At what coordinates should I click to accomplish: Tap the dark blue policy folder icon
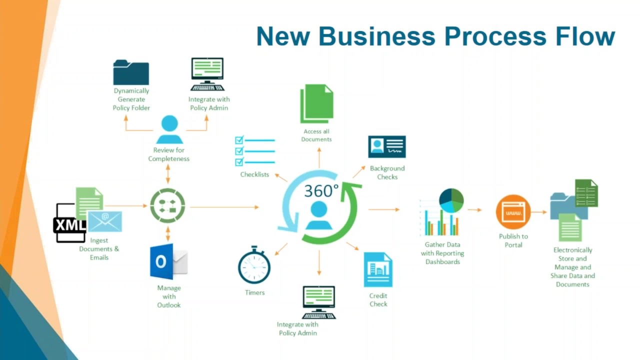pyautogui.click(x=131, y=72)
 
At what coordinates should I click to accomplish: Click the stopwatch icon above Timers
pyautogui.click(x=254, y=265)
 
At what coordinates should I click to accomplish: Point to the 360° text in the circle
pyautogui.click(x=321, y=191)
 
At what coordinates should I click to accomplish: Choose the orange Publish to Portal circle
pyautogui.click(x=513, y=212)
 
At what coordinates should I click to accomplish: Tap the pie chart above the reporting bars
pyautogui.click(x=451, y=200)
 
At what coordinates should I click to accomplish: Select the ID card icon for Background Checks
pyautogui.click(x=387, y=147)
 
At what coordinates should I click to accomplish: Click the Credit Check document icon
pyautogui.click(x=378, y=269)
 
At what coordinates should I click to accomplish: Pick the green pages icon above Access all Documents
pyautogui.click(x=316, y=103)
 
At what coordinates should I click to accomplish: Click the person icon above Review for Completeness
pyautogui.click(x=169, y=129)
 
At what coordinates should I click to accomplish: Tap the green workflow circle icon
pyautogui.click(x=167, y=205)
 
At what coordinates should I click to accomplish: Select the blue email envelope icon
pyautogui.click(x=105, y=220)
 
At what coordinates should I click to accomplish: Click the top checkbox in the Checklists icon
pyautogui.click(x=239, y=140)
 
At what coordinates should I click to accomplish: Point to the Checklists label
pyautogui.click(x=254, y=174)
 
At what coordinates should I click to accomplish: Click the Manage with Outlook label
pyautogui.click(x=169, y=296)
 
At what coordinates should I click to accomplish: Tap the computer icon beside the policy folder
pyautogui.click(x=207, y=74)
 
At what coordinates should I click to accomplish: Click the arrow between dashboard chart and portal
pyautogui.click(x=474, y=210)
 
